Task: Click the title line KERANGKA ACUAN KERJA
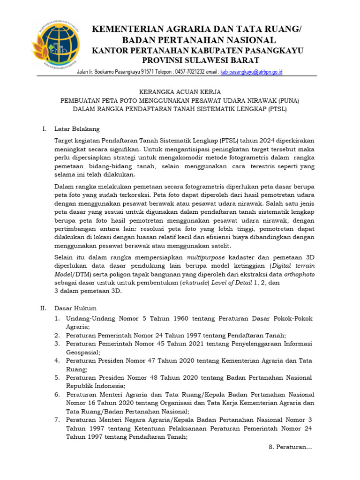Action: [x=180, y=92]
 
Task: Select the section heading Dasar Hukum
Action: [x=75, y=308]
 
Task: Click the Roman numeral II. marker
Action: [x=43, y=308]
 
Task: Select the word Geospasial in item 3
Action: [x=82, y=352]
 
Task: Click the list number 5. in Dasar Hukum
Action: [x=57, y=377]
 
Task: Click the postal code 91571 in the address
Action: [x=146, y=72]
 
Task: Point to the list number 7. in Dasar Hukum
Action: [x=57, y=420]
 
